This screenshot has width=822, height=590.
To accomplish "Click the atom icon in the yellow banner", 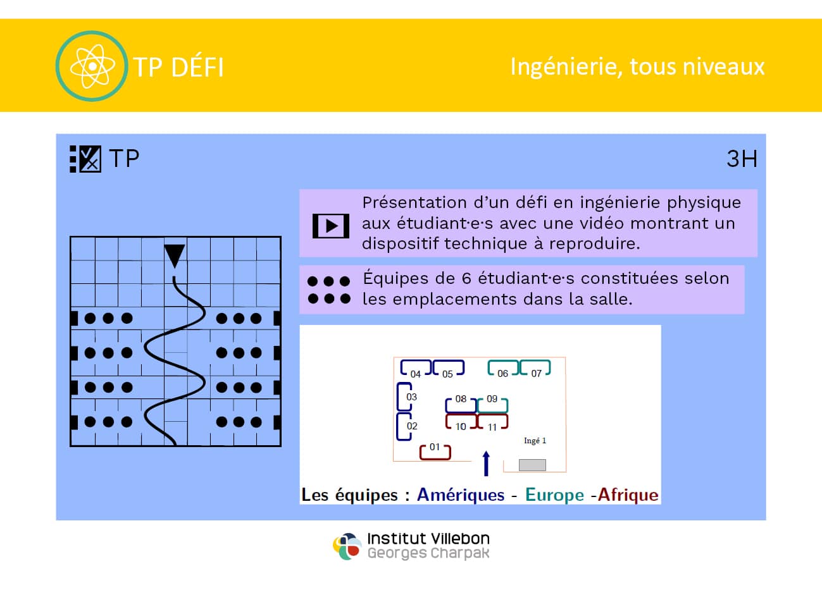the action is (92, 66).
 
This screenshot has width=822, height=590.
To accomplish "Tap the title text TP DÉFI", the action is (178, 67).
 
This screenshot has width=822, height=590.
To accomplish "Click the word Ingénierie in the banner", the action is (566, 67).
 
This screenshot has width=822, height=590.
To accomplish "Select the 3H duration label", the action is (742, 159).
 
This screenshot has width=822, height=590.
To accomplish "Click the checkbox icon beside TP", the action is (85, 159).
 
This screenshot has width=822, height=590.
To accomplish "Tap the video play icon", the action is (330, 226).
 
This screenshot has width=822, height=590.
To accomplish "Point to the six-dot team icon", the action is (329, 290).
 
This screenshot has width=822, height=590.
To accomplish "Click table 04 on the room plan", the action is (416, 368).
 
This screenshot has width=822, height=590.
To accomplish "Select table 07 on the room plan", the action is (535, 367).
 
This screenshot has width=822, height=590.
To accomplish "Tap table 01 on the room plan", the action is (435, 452).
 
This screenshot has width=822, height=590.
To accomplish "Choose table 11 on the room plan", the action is (492, 422).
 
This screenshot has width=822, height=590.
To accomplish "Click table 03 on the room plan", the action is (405, 396).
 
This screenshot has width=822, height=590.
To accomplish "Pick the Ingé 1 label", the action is (535, 441).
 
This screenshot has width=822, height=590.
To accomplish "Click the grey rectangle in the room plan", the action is (532, 465).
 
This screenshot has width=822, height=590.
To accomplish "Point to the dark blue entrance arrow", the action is (486, 464).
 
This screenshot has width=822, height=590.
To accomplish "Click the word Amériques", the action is (461, 495).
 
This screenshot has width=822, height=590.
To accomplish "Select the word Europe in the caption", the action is (554, 495).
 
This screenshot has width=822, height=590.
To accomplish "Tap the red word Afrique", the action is (628, 495).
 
